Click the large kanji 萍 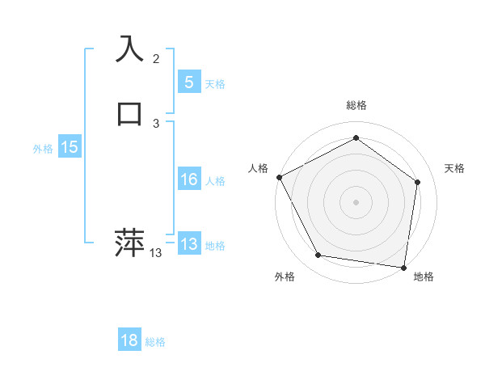pos(130,243)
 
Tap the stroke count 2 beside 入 pos(156,59)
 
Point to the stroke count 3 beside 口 pos(156,123)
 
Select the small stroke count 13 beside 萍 pos(156,253)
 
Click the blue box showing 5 pos(188,82)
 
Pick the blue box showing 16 pos(188,179)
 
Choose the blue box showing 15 pos(70,147)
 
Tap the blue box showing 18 pos(129,340)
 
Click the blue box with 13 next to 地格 pos(188,244)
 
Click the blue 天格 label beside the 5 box pos(215,84)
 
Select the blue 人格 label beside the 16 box pos(215,181)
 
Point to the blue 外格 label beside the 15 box pos(43,149)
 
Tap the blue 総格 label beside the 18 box pos(155,343)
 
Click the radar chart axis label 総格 pos(356,106)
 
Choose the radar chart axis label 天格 pos(454,168)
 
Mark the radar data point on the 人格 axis pos(279,177)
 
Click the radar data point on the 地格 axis pos(403,267)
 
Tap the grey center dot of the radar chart pos(356,202)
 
